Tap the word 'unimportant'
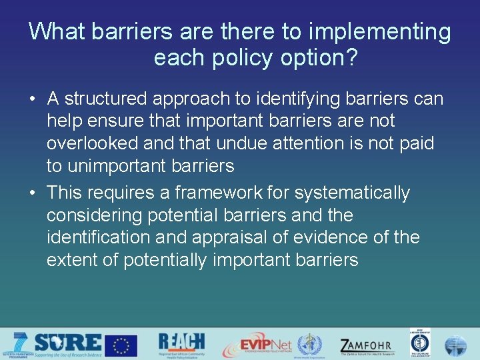tap(119, 166)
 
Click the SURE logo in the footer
tap(67, 344)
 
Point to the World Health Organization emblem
tap(309, 345)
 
